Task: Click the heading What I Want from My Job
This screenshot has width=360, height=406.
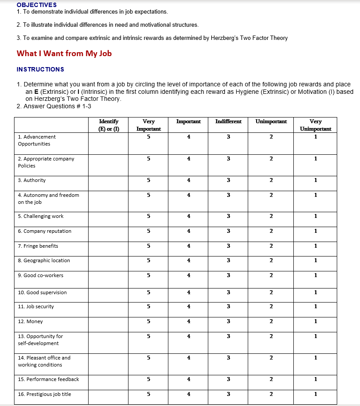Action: tap(64, 53)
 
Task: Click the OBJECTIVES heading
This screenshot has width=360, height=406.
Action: tap(36, 5)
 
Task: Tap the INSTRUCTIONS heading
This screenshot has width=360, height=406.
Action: tap(40, 69)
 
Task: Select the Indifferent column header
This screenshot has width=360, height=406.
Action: tap(228, 121)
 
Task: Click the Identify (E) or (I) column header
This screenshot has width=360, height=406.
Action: tap(108, 125)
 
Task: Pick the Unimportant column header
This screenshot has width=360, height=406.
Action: tap(271, 121)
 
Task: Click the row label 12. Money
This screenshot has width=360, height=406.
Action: tap(30, 321)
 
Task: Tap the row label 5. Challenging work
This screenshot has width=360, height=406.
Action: tap(40, 216)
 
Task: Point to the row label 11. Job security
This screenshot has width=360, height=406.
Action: tap(36, 306)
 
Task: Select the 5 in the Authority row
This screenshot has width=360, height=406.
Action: tap(149, 180)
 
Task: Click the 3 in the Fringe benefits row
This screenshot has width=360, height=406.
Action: tap(228, 246)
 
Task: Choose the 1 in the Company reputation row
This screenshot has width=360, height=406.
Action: tap(316, 231)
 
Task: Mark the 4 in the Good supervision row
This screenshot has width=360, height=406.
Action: tap(189, 292)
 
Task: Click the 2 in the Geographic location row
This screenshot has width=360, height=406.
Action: tap(271, 260)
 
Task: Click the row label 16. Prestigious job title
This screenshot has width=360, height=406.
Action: tap(44, 394)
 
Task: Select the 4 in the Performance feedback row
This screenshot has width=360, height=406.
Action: tap(189, 379)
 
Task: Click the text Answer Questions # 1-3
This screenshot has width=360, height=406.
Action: tap(57, 106)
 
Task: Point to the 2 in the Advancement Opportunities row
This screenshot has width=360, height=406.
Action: tap(271, 137)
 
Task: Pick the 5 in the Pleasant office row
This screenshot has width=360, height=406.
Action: tap(149, 358)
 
